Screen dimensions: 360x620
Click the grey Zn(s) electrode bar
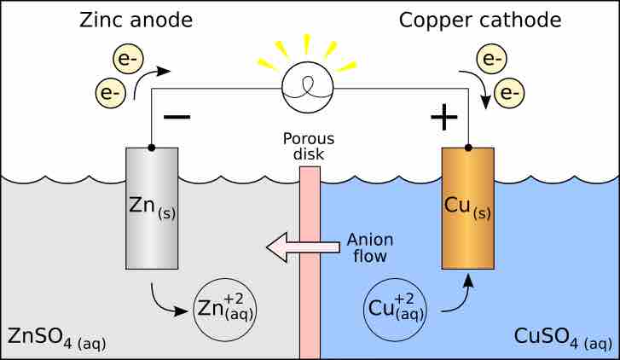(x=153, y=209)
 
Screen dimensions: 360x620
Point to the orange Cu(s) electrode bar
(x=467, y=209)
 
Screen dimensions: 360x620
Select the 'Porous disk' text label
(x=310, y=146)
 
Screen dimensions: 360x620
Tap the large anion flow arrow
(x=295, y=248)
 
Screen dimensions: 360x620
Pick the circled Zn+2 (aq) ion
(x=226, y=308)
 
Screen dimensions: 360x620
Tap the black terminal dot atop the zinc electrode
(x=152, y=148)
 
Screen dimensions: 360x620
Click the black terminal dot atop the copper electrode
(x=467, y=148)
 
